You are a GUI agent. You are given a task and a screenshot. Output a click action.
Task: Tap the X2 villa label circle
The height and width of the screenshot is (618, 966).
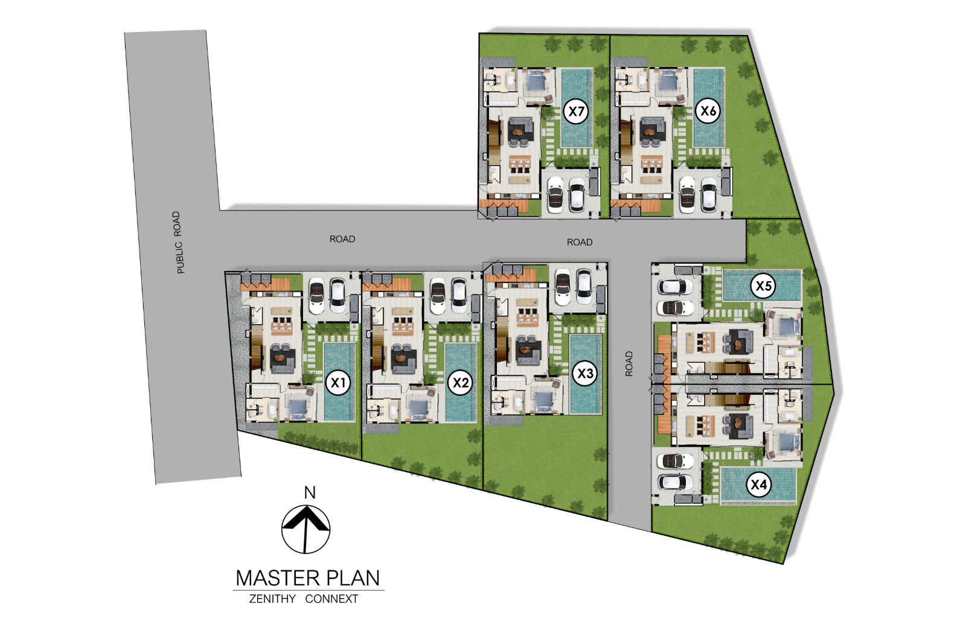[x=461, y=383]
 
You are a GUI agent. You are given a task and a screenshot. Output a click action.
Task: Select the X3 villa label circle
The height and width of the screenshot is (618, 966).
[x=585, y=374]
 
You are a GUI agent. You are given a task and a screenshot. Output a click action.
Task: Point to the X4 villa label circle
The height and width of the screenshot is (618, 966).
[x=758, y=485]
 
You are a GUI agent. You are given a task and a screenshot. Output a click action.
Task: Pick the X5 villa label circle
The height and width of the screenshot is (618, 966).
[x=763, y=285]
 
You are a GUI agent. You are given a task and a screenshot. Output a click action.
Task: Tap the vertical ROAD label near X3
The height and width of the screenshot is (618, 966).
[x=629, y=363]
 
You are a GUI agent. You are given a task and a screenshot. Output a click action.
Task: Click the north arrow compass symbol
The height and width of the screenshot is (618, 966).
[x=305, y=529]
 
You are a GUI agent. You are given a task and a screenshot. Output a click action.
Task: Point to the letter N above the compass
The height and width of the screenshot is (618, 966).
[x=310, y=492]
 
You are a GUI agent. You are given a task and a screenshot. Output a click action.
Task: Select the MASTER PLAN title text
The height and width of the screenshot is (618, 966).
[x=308, y=578]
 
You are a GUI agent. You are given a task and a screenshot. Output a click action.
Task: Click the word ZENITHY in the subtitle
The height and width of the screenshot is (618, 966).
[x=272, y=599]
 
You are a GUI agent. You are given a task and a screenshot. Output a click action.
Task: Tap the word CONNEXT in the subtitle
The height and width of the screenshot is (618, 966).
[x=331, y=599]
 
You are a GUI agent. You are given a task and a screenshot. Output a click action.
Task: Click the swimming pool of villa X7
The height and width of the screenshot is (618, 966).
[x=577, y=107]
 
